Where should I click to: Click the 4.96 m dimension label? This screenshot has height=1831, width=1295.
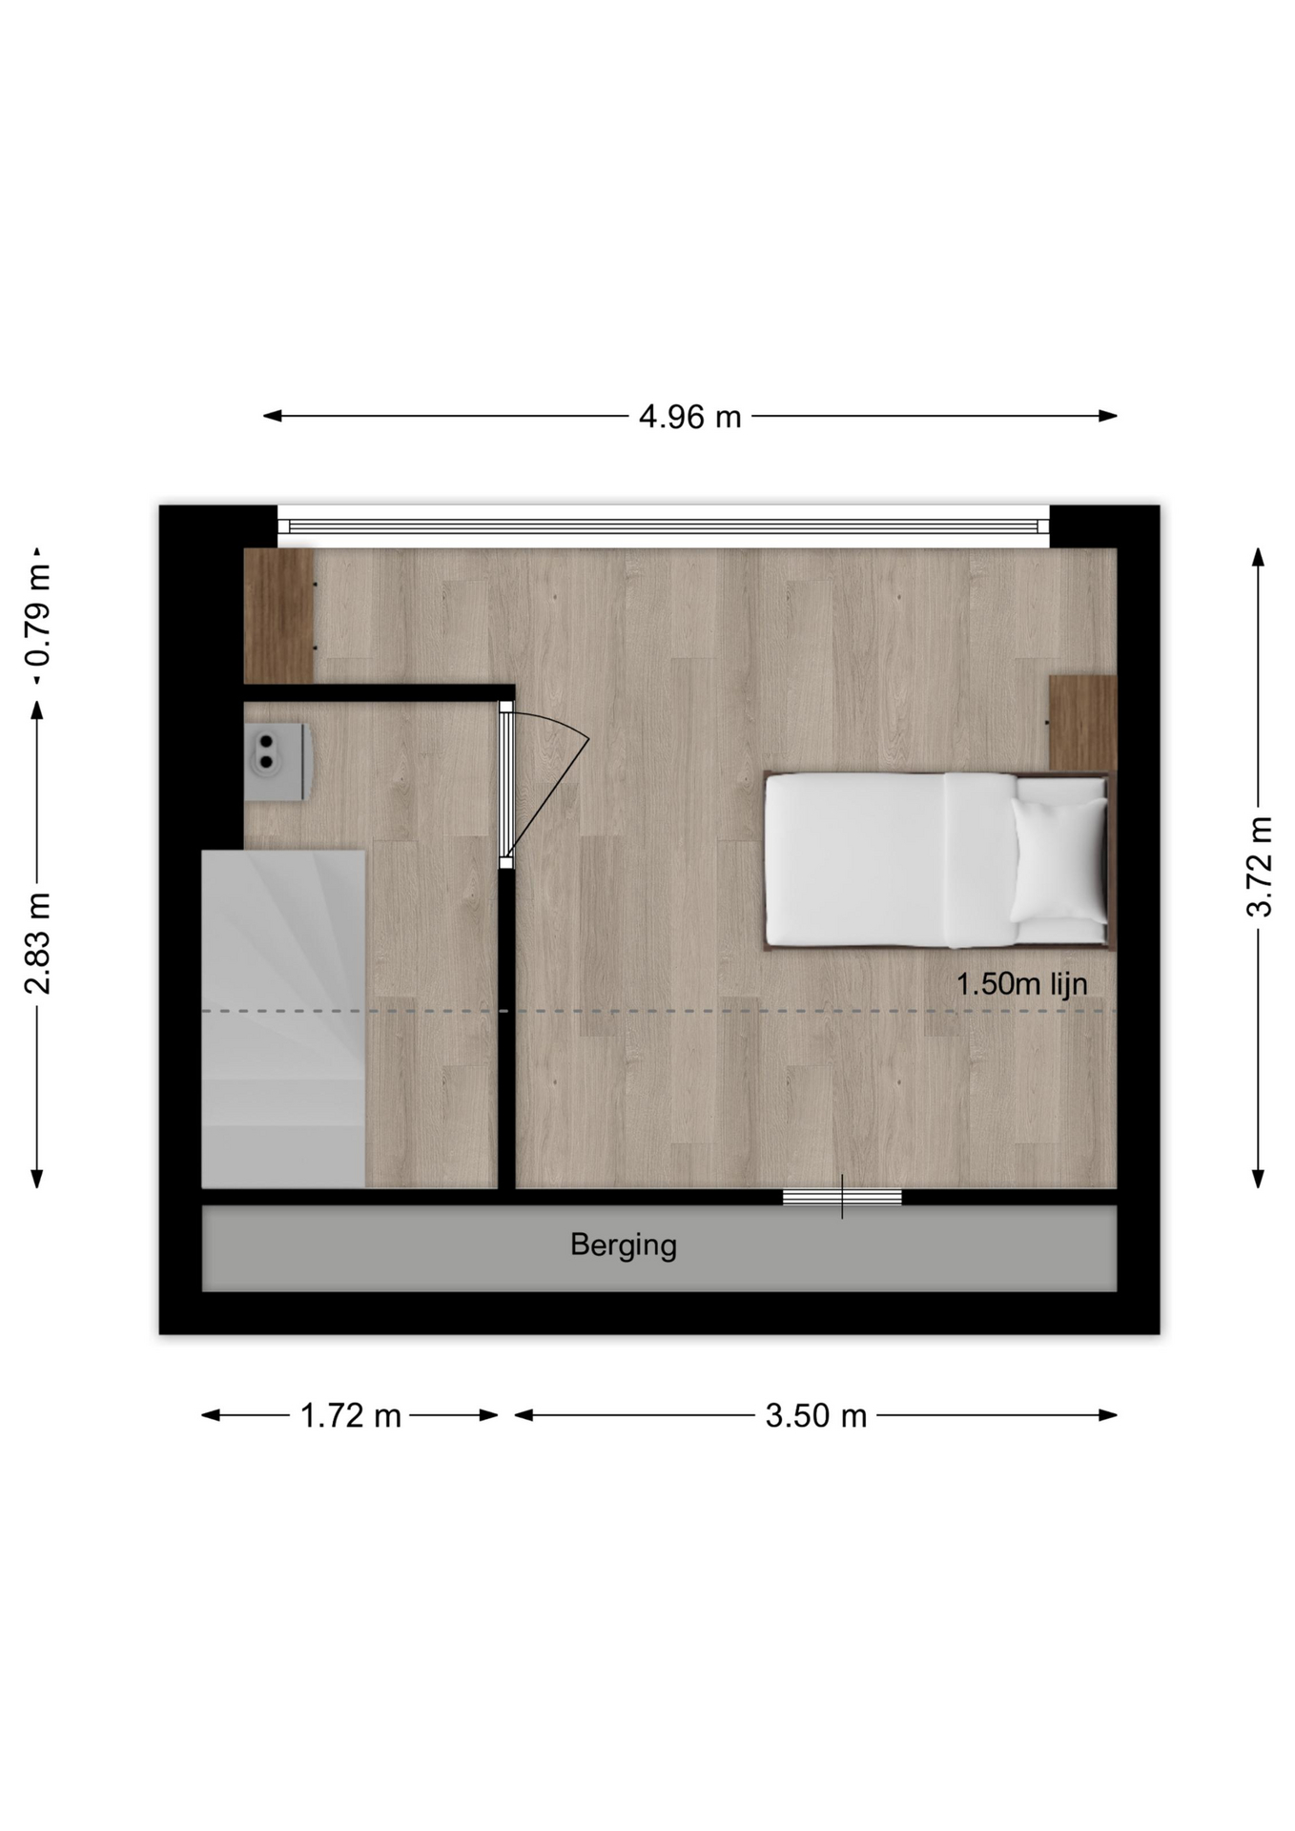(x=689, y=417)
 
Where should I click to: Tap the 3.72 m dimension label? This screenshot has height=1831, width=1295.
(x=1259, y=866)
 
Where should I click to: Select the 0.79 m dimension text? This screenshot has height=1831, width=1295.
(x=38, y=615)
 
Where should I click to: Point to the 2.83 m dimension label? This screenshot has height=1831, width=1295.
(x=38, y=943)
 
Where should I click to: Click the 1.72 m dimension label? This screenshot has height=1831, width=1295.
(x=350, y=1416)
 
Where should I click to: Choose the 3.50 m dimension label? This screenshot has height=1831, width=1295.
(x=815, y=1416)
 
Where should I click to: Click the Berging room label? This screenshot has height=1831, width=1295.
(x=624, y=1245)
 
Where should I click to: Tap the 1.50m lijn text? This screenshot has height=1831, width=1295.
(x=1021, y=984)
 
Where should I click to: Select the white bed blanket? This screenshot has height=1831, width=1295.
(x=891, y=860)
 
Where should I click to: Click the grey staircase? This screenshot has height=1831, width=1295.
(x=283, y=1018)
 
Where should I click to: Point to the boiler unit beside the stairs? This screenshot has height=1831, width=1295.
(x=277, y=761)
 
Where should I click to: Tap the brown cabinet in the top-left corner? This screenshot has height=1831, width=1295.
(x=279, y=615)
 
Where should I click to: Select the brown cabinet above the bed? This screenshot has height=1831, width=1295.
(x=1083, y=723)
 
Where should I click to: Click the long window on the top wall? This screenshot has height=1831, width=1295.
(x=664, y=526)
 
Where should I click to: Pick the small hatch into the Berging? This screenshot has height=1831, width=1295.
(x=842, y=1197)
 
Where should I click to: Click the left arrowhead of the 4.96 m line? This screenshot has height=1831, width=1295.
(x=272, y=416)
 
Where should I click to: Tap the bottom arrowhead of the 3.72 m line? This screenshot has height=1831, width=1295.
(x=1259, y=1179)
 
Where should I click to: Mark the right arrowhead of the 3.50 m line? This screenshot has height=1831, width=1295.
(x=1108, y=1415)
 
